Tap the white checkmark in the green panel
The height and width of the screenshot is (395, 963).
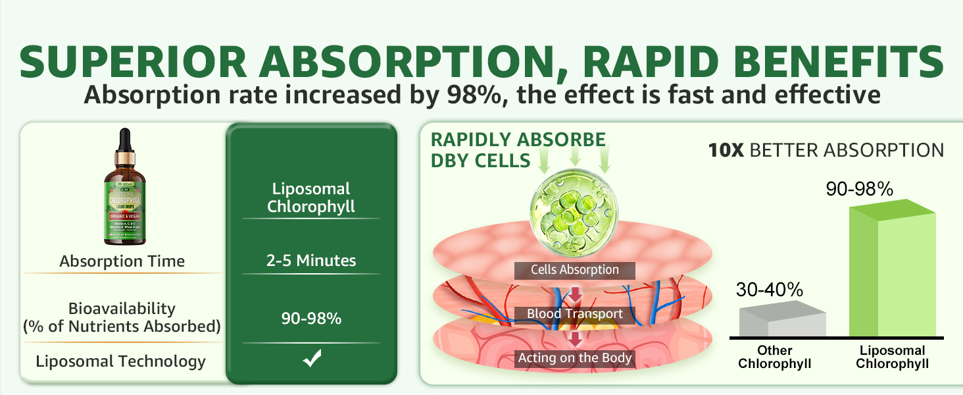point(311,359)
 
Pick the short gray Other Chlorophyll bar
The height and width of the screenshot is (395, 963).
point(782,321)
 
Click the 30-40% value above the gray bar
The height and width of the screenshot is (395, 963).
point(770,290)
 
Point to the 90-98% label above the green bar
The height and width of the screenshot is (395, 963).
point(859,190)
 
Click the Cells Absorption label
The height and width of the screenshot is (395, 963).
point(575,270)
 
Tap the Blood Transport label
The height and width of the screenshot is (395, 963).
point(575,314)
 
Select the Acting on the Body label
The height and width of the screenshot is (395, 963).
point(575,358)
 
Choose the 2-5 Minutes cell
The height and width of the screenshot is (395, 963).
point(311,261)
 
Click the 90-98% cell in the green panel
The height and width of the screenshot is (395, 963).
point(311,319)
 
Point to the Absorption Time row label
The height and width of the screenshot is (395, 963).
point(122,261)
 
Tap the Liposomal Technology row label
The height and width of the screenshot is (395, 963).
point(121,361)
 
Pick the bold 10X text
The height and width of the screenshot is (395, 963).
point(726,150)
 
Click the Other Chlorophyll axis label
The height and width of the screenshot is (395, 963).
point(774,357)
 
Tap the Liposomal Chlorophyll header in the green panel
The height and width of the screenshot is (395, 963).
point(311,197)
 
